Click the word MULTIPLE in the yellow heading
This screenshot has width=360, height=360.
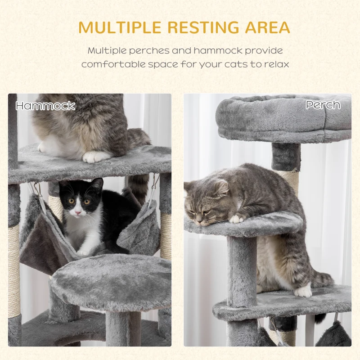pos(120,28)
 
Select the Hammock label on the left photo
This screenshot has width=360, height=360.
pos(45,106)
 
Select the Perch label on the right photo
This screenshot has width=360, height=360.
pos(323,105)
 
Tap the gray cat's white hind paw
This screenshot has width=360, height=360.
pos(303,292)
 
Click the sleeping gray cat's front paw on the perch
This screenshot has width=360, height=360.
pos(237,219)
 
